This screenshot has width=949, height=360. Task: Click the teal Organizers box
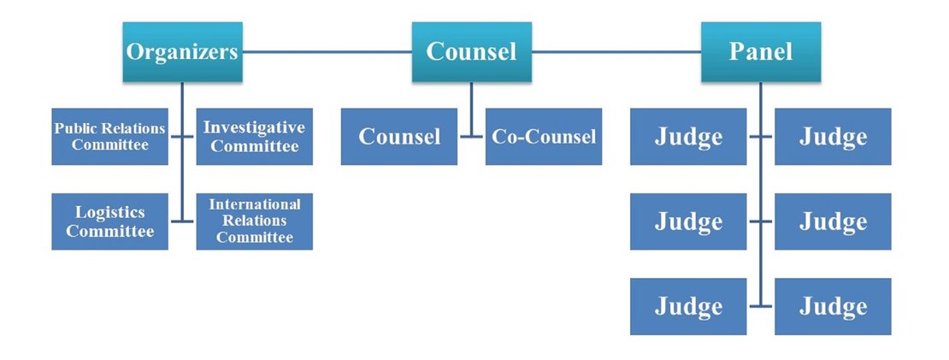pyautogui.click(x=182, y=52)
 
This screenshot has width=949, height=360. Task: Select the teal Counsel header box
pyautogui.click(x=471, y=52)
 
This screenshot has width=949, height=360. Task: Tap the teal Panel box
pyautogui.click(x=760, y=52)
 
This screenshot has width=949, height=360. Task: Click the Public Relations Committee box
pyautogui.click(x=109, y=137)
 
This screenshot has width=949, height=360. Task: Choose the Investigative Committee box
pyautogui.click(x=254, y=137)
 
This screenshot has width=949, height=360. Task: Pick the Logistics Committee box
pyautogui.click(x=109, y=221)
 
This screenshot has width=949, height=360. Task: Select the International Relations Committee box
pyautogui.click(x=254, y=221)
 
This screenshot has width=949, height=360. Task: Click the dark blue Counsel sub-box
pyautogui.click(x=398, y=137)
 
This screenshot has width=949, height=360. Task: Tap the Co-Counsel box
pyautogui.click(x=543, y=137)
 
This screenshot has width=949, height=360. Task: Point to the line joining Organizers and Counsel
pyautogui.click(x=327, y=52)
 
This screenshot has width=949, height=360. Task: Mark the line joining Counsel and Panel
pyautogui.click(x=616, y=52)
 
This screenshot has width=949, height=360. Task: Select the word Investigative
pyautogui.click(x=254, y=127)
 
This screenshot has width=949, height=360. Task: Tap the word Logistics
pyautogui.click(x=109, y=212)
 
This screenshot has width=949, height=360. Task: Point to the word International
pyautogui.click(x=254, y=204)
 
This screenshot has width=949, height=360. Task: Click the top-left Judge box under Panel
pyautogui.click(x=688, y=137)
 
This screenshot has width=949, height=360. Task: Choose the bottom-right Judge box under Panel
pyautogui.click(x=833, y=306)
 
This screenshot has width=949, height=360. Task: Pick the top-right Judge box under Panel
pyautogui.click(x=833, y=137)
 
